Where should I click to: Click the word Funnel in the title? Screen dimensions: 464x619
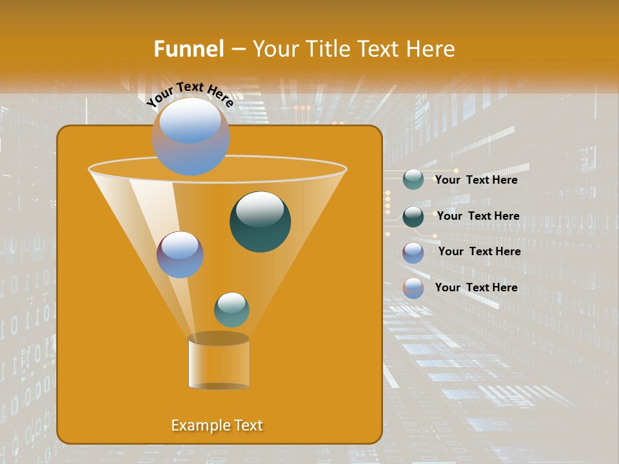(188, 49)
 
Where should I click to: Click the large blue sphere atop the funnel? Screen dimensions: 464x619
(190, 136)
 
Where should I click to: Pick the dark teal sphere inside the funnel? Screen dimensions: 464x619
(260, 222)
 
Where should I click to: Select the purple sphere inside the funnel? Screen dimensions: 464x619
(180, 255)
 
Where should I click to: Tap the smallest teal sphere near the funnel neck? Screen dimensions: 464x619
(231, 309)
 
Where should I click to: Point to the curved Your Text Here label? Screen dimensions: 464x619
(190, 94)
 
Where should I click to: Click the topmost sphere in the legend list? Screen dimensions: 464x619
(413, 179)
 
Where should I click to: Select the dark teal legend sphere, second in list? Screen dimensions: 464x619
(413, 217)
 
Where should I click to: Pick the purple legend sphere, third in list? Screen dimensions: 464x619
(413, 253)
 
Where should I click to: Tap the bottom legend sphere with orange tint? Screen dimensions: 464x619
(413, 288)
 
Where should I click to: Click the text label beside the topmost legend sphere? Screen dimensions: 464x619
(476, 180)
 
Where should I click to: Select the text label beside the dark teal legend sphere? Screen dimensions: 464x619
(478, 216)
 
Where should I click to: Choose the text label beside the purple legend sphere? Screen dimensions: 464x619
(479, 251)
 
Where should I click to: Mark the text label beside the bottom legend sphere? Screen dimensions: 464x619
(476, 287)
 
